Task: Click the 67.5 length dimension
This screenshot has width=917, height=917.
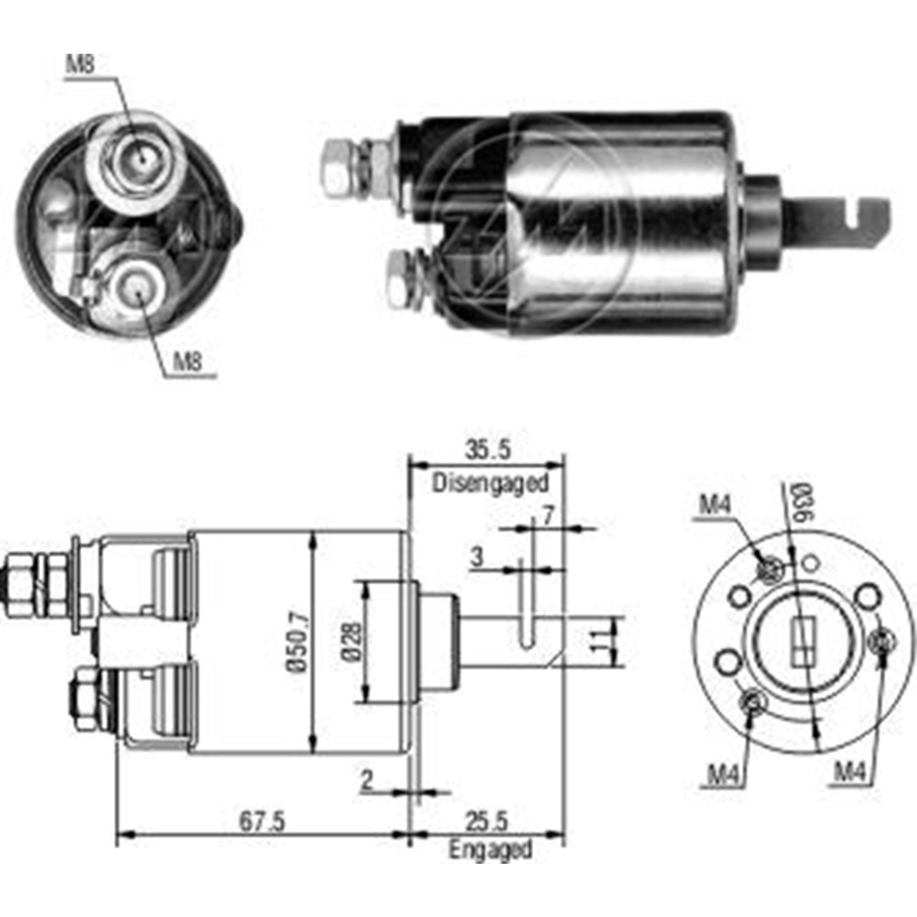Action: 262,821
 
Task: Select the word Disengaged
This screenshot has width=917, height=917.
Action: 490,483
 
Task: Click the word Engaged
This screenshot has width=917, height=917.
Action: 490,850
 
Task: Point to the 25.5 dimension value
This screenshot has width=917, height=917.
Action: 487,821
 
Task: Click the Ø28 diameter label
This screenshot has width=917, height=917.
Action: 353,642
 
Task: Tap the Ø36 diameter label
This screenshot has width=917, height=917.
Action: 802,502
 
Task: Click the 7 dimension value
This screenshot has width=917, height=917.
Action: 548,517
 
